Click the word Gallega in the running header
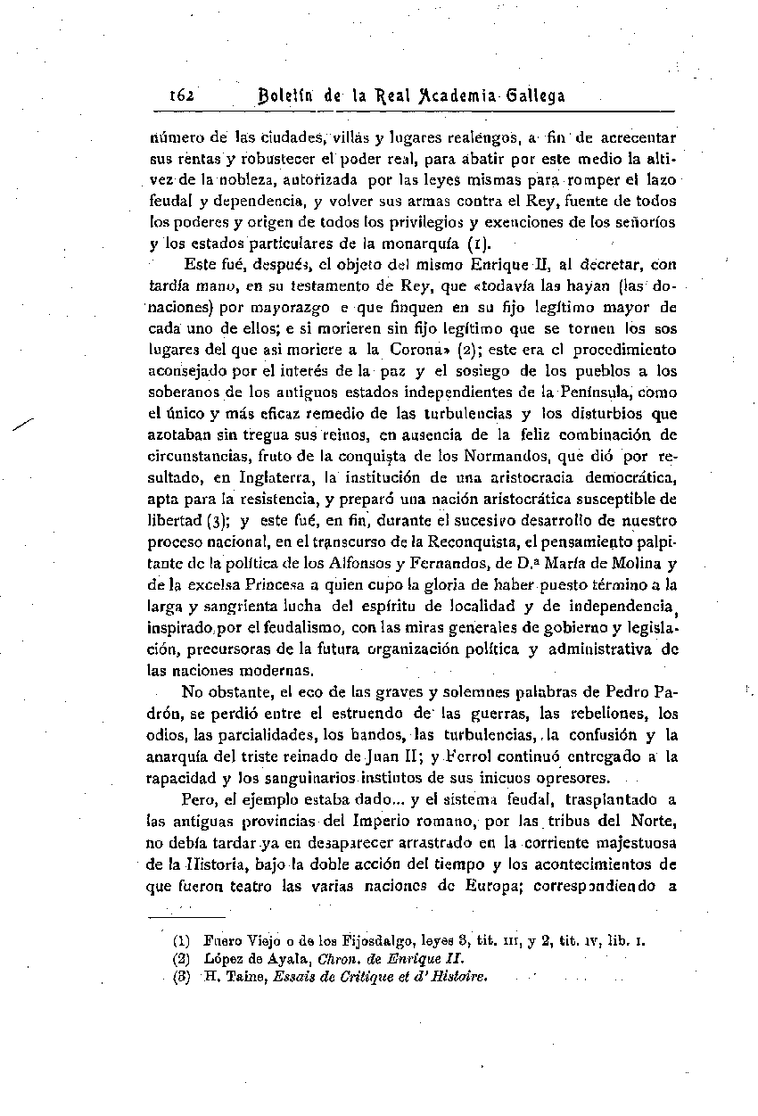pyautogui.click(x=534, y=96)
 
